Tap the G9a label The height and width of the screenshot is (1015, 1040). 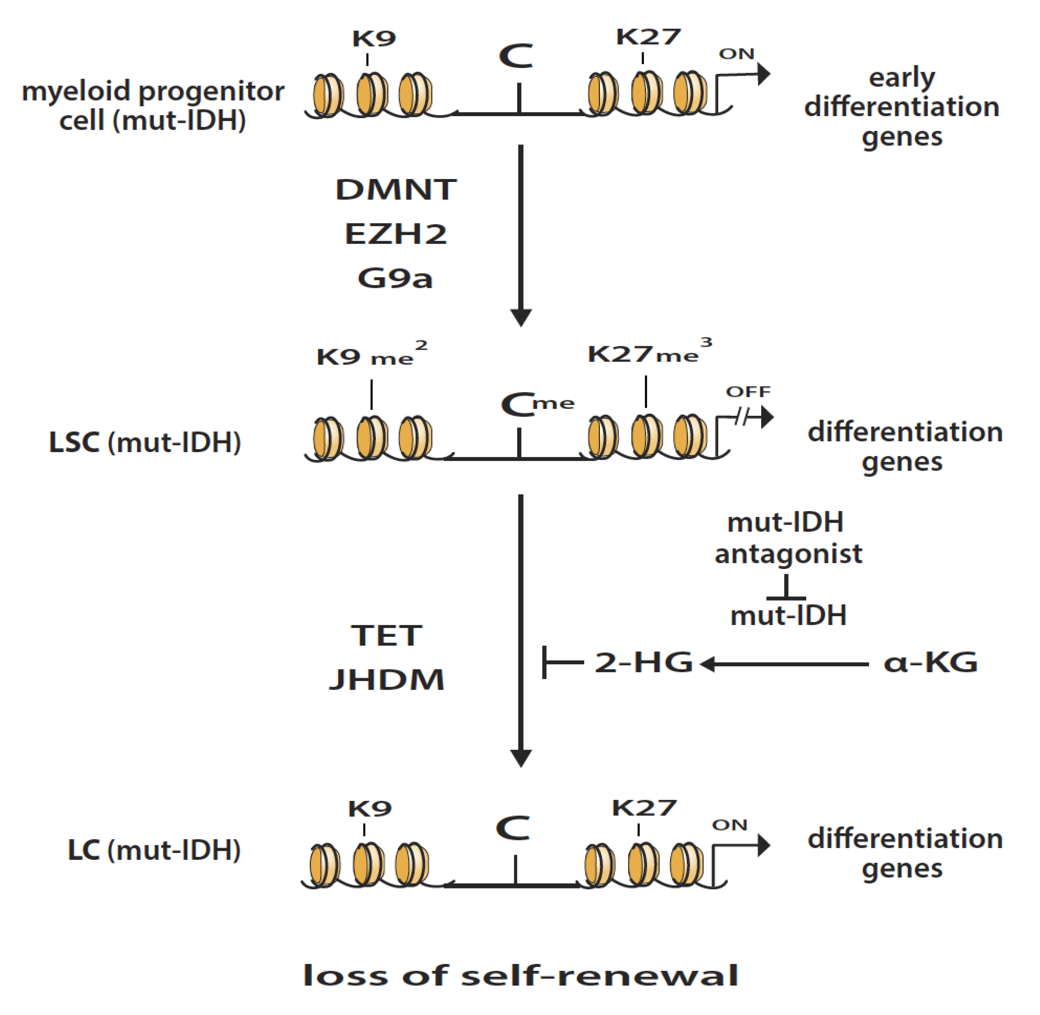(x=395, y=278)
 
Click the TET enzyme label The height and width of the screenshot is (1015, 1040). (x=387, y=636)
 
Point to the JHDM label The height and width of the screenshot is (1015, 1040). (x=387, y=680)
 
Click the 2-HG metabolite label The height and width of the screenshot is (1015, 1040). (x=643, y=662)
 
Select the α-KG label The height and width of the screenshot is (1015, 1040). (x=930, y=662)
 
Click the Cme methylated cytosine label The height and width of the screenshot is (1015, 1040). (x=537, y=404)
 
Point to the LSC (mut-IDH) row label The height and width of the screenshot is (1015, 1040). (x=145, y=442)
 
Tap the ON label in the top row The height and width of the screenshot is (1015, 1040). (x=736, y=54)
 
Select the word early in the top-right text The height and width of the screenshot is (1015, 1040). (x=902, y=78)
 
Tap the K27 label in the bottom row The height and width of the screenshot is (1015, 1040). (x=644, y=808)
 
